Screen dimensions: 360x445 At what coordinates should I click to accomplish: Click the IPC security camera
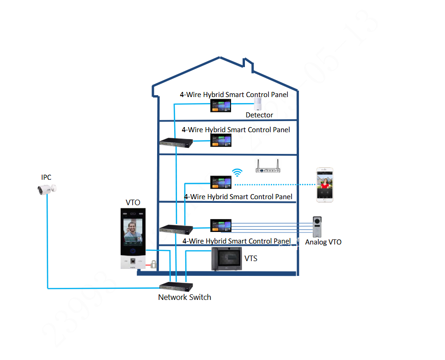47,189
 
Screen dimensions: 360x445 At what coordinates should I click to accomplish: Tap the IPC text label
46,177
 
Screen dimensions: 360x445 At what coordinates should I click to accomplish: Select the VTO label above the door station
133,202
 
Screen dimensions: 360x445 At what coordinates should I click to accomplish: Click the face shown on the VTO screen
133,227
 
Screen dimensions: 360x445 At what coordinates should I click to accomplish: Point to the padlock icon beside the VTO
152,264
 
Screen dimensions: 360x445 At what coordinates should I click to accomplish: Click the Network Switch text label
184,297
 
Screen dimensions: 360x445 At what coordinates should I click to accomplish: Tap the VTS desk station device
227,258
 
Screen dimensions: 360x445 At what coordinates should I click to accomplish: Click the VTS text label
250,259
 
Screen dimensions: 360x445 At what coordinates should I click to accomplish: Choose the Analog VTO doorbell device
318,227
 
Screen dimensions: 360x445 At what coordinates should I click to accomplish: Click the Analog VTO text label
323,242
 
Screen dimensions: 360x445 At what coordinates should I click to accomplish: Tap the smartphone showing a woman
325,184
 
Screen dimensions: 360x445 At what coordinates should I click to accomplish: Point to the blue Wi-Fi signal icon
238,173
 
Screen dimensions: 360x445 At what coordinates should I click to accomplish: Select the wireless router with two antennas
268,167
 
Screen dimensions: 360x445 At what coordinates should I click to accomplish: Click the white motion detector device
258,104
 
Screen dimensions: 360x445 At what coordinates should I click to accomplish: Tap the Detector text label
259,115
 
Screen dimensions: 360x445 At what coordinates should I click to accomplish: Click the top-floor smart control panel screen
220,106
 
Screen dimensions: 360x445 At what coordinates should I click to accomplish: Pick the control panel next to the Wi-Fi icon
220,182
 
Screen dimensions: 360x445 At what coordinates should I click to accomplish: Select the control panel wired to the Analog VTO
220,225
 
